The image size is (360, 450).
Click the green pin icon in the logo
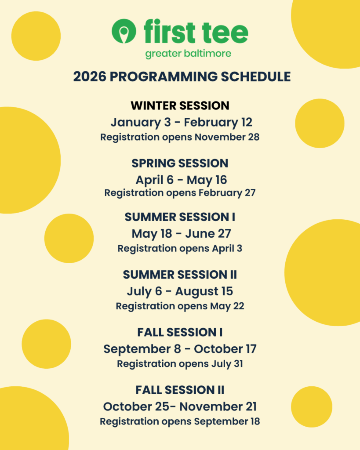124,31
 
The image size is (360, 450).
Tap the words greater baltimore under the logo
188,54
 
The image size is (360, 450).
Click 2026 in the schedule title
90,76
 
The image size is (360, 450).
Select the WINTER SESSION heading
180,105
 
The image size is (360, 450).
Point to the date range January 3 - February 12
182,123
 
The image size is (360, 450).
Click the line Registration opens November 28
180,137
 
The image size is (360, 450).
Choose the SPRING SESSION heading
180,163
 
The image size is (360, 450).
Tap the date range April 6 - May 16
181,180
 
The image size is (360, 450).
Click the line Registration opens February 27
180,193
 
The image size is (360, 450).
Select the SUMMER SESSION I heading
180,217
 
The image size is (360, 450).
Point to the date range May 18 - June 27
181,234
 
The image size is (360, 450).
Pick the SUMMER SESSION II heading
180,275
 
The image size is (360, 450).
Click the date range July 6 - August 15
180,292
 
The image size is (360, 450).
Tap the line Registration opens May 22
180,306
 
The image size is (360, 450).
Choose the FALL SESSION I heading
180,332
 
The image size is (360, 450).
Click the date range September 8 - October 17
180,349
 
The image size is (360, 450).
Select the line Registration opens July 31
180,364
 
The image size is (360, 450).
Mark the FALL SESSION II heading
180,390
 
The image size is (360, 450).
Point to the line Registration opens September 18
180,421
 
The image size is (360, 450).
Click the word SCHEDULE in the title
255,76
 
